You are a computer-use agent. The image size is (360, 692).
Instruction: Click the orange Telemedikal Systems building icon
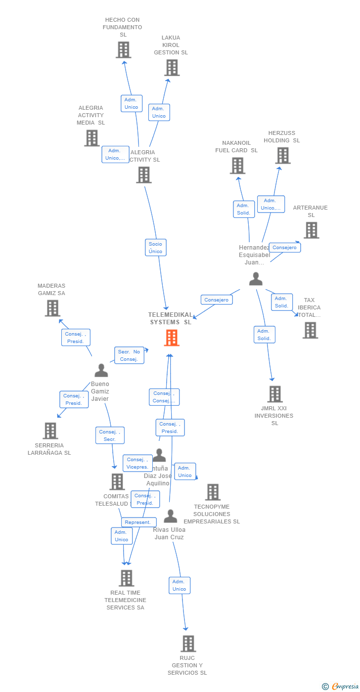click(x=172, y=338)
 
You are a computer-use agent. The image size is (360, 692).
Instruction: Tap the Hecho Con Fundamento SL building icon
click(x=123, y=50)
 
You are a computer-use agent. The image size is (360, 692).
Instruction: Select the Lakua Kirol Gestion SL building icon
click(x=172, y=68)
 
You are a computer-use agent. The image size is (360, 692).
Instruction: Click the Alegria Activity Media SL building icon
click(x=91, y=138)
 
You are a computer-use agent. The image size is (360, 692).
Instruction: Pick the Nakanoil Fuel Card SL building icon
click(x=237, y=166)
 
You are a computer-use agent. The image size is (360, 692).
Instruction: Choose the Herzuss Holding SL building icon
click(x=282, y=155)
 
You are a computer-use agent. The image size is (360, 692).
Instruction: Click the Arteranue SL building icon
click(x=311, y=230)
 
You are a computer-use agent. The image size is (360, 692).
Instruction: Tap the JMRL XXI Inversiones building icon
click(x=275, y=394)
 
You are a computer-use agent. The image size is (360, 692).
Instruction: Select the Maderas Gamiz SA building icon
click(x=52, y=308)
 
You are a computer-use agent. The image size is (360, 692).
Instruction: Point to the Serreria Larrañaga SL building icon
click(x=50, y=431)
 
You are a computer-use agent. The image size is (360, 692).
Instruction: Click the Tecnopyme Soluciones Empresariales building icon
click(x=213, y=492)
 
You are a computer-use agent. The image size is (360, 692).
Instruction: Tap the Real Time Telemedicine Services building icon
click(x=127, y=578)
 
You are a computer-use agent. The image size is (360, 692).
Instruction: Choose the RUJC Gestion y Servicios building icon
click(x=188, y=644)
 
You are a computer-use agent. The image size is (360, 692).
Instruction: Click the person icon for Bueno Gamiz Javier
click(x=101, y=370)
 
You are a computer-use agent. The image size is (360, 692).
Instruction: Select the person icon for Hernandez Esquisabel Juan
click(x=256, y=279)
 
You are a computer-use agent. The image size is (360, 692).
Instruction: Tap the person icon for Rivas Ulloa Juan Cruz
click(x=170, y=517)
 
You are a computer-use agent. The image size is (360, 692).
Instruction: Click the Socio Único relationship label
click(x=155, y=248)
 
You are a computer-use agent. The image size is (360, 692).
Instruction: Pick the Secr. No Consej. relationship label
click(x=129, y=355)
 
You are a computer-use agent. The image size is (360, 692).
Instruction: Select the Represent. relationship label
click(x=138, y=522)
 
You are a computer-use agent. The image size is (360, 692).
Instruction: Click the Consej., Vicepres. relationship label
click(x=137, y=463)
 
